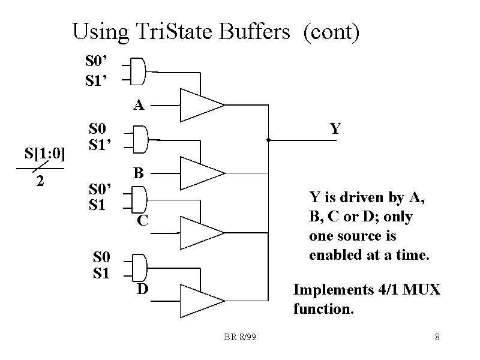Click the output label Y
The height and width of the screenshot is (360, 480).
click(335, 129)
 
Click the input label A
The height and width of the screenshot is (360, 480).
click(139, 106)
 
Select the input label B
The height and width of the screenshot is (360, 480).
click(139, 173)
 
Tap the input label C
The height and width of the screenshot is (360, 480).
click(142, 221)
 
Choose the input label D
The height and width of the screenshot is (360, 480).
click(142, 290)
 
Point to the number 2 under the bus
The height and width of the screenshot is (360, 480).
click(40, 181)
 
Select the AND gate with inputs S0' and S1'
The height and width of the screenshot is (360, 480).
click(139, 70)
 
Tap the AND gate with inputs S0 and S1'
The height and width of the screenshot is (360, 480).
click(139, 139)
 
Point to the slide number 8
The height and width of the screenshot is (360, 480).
click(437, 337)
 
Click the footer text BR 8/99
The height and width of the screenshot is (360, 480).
click(240, 337)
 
